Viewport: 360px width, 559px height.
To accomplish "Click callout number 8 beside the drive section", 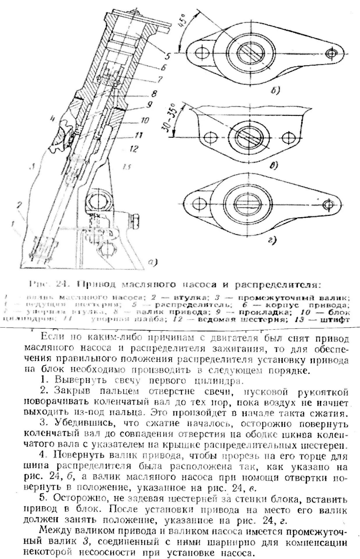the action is tap(154, 94).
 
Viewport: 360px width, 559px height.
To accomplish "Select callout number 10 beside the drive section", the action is tap(145, 120).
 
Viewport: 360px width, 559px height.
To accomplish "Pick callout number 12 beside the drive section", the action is tap(134, 149).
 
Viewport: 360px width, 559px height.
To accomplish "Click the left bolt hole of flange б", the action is tap(201, 54).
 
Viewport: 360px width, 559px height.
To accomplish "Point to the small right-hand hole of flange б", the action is tap(331, 54).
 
